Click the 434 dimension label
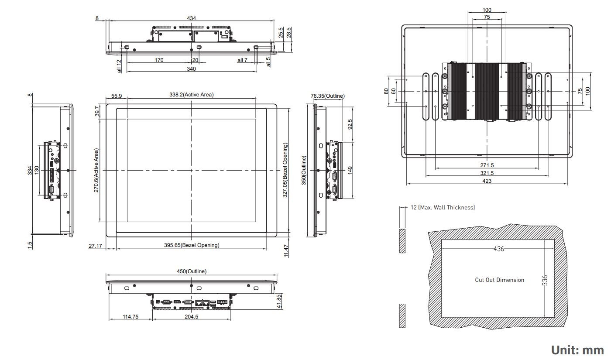tap(191, 18)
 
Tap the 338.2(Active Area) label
tap(192, 95)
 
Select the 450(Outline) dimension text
tap(192, 271)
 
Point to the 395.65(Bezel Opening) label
tap(192, 245)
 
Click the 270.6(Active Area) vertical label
tap(96, 170)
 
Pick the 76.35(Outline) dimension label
tap(328, 96)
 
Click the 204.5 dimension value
tap(191, 317)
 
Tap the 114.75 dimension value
tap(130, 317)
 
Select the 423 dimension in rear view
tap(487, 181)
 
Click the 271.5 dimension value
tap(487, 165)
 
